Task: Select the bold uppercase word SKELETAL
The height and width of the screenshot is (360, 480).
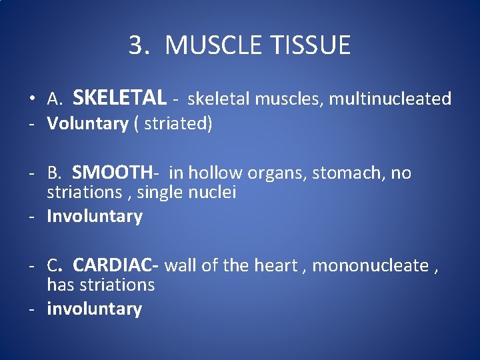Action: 119,98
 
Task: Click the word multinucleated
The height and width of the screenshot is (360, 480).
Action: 391,99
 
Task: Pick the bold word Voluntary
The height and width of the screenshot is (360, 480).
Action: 87,124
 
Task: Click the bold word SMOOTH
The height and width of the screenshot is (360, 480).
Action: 112,173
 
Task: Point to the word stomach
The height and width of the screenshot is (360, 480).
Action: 344,173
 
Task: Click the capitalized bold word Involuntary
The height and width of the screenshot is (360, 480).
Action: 95,217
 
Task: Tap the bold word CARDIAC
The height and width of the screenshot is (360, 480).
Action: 113,265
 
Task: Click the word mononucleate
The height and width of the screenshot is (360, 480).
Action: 371,265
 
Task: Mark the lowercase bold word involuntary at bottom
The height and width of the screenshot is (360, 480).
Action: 94,309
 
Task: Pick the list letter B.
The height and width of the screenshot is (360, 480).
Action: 53,174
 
